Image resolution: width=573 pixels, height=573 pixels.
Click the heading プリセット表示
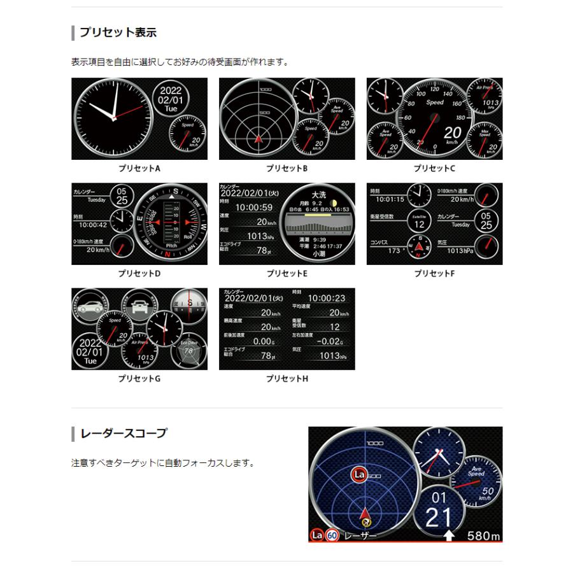(118, 32)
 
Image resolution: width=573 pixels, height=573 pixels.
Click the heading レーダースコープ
(124, 434)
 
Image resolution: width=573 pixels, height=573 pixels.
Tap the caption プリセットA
(139, 169)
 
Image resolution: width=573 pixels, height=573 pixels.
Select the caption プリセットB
(286, 169)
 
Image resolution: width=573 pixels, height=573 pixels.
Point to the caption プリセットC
(434, 169)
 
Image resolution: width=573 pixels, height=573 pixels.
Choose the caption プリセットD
(139, 274)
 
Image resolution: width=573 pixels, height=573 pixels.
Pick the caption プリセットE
(286, 274)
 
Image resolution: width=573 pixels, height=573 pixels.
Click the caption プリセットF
(434, 274)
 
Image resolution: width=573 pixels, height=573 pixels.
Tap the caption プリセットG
(139, 379)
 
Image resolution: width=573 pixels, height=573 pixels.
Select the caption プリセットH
(286, 379)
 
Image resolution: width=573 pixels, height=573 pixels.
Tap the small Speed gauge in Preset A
(187, 134)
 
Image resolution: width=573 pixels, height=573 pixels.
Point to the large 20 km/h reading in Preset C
(451, 133)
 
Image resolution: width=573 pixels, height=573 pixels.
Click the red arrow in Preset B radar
(258, 138)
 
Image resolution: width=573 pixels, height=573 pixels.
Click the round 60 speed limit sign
(332, 535)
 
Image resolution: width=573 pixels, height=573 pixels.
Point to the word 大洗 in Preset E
(319, 194)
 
